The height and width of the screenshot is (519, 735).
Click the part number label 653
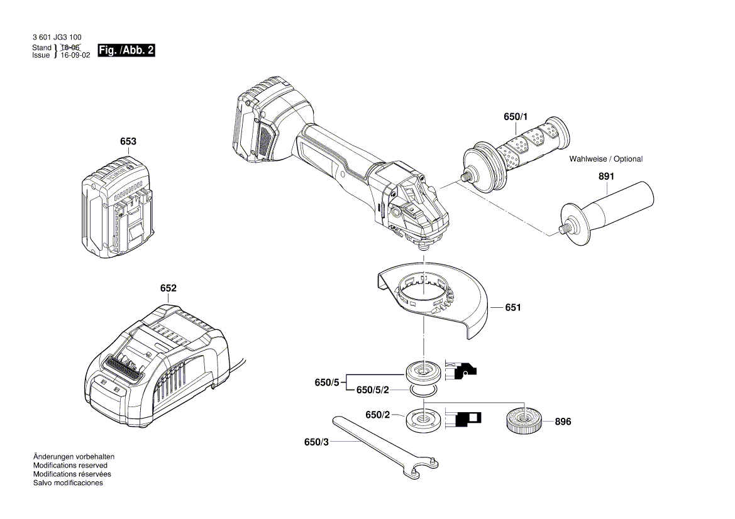click(x=128, y=142)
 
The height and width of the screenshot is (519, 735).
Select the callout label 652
click(x=168, y=288)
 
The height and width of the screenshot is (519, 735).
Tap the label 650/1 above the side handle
click(x=516, y=117)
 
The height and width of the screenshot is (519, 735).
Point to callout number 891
click(x=606, y=177)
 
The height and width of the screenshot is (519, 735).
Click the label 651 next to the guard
click(x=513, y=308)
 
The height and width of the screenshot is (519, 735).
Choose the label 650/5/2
click(x=373, y=390)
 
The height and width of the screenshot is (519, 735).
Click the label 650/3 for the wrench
click(x=316, y=442)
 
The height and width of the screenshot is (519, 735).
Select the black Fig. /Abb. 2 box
click(x=126, y=51)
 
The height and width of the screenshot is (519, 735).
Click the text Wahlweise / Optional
click(x=606, y=159)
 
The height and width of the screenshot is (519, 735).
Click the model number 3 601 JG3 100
click(x=57, y=38)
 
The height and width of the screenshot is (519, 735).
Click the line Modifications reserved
click(x=70, y=466)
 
